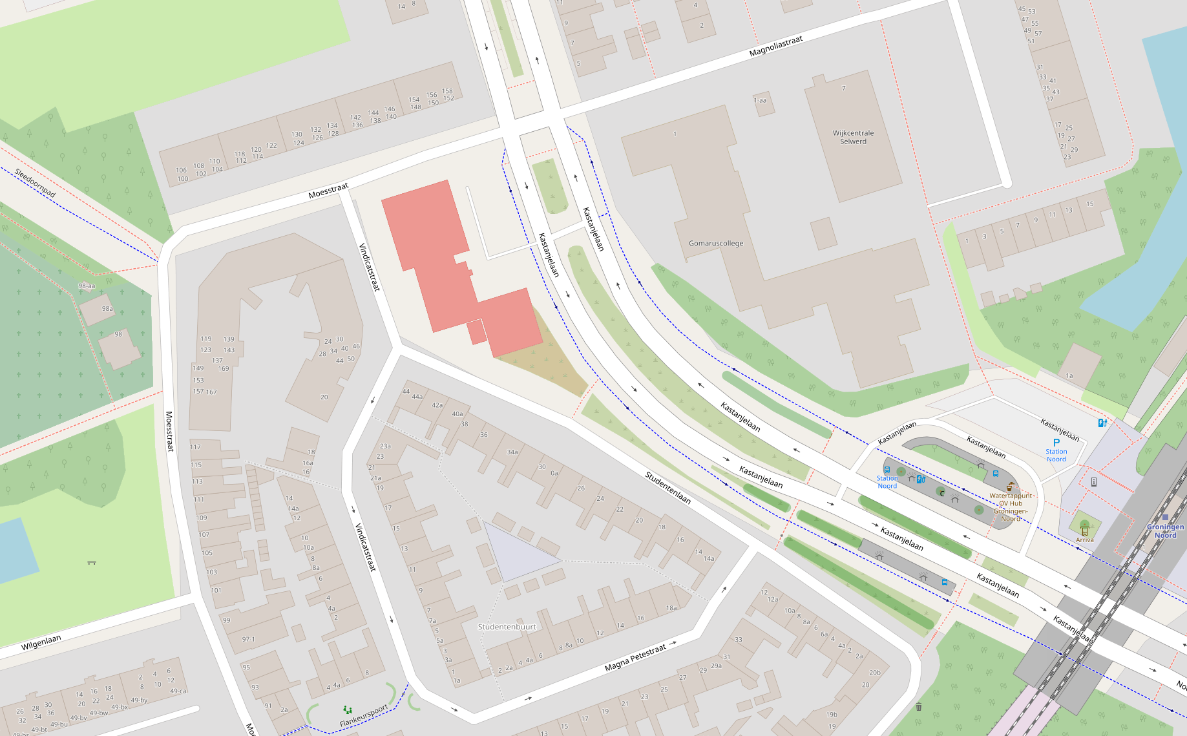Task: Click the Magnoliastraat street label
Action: tap(775, 46)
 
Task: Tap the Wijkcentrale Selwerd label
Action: tap(853, 137)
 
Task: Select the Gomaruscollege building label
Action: tap(716, 244)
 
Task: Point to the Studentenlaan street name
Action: tap(668, 488)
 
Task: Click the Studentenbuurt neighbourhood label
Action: tap(507, 627)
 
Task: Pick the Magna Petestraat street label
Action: tap(635, 658)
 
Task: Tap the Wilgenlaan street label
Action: tap(41, 642)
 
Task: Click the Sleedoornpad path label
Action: tap(35, 183)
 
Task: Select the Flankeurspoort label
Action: tap(364, 716)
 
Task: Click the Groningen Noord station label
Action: tap(1165, 531)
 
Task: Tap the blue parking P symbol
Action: tap(1056, 443)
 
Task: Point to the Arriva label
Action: tap(1085, 540)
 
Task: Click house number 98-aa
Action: tap(87, 286)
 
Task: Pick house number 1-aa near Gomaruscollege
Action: tap(760, 100)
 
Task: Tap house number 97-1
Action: tap(249, 639)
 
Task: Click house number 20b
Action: tap(874, 673)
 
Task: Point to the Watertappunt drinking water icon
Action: tap(1010, 487)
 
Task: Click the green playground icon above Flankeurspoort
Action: tap(348, 710)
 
